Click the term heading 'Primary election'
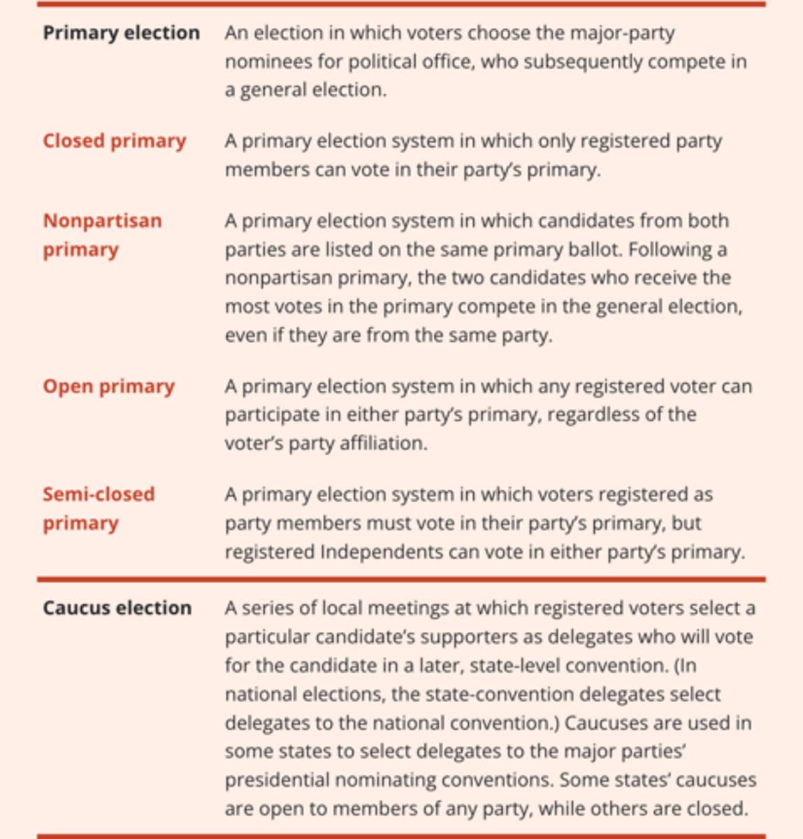tap(121, 33)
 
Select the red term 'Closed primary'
tap(114, 141)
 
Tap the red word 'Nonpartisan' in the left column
tap(102, 221)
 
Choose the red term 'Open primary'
tap(108, 386)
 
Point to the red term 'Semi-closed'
tap(99, 494)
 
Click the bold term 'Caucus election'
tap(117, 608)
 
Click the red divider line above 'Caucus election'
tap(401, 580)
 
